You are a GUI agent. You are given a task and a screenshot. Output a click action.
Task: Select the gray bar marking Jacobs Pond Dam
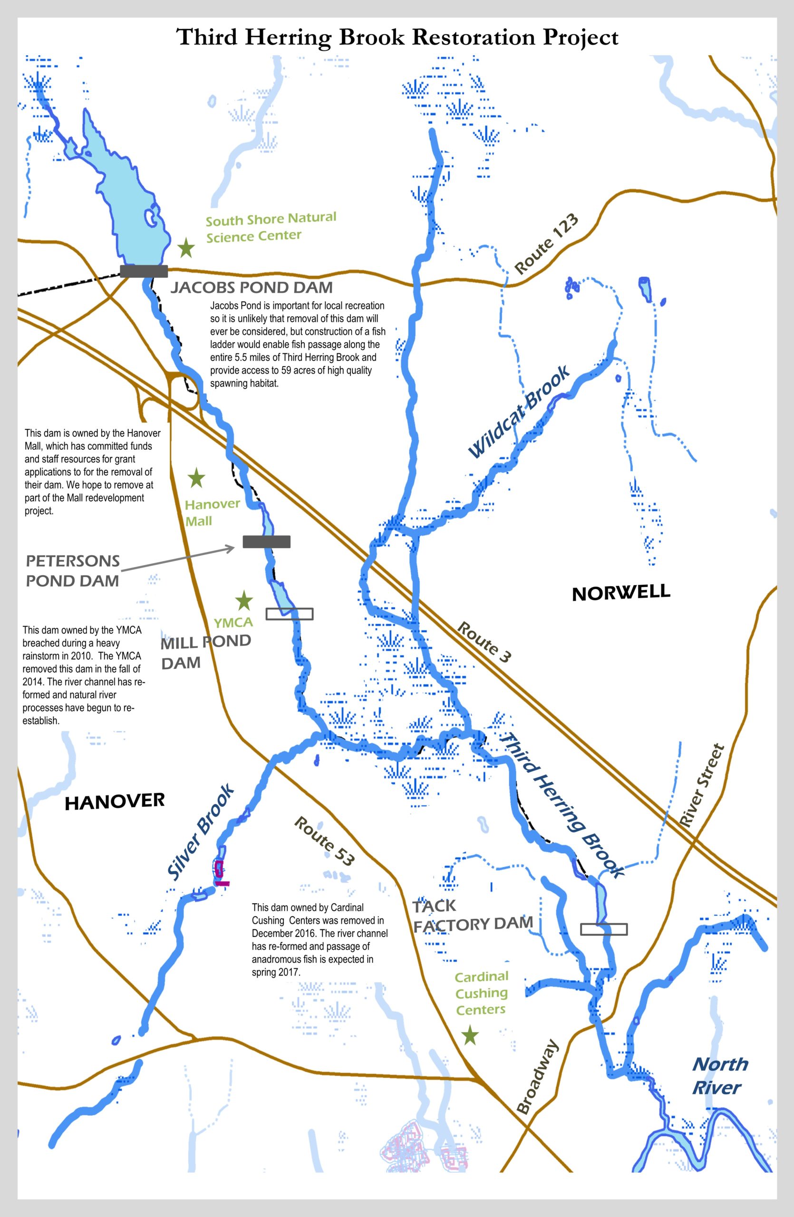coord(144,271)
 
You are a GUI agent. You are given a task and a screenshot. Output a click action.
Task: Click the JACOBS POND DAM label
coord(251,288)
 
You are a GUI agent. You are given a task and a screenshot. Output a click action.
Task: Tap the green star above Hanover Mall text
coord(196,479)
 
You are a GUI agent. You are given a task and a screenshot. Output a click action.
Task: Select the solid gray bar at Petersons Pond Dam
coord(266,541)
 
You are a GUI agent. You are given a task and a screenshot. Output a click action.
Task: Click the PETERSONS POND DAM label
coord(73,570)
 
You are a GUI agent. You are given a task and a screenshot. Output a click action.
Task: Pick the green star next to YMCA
coord(244,600)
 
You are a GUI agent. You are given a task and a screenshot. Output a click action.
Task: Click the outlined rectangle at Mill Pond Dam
coord(290,614)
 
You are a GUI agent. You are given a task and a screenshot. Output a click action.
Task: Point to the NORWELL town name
coord(620,593)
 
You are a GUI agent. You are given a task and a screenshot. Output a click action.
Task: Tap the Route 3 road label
coord(484,642)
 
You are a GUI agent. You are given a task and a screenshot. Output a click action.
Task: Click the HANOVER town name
coord(115,802)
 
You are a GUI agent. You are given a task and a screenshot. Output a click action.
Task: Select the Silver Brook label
coord(201,832)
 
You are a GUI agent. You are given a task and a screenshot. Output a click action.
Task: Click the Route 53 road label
coord(324,841)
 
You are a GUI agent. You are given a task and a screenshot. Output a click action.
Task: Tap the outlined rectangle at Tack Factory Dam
coord(604,929)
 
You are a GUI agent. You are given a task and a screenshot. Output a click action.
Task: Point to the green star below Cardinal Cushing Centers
coord(470,1036)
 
